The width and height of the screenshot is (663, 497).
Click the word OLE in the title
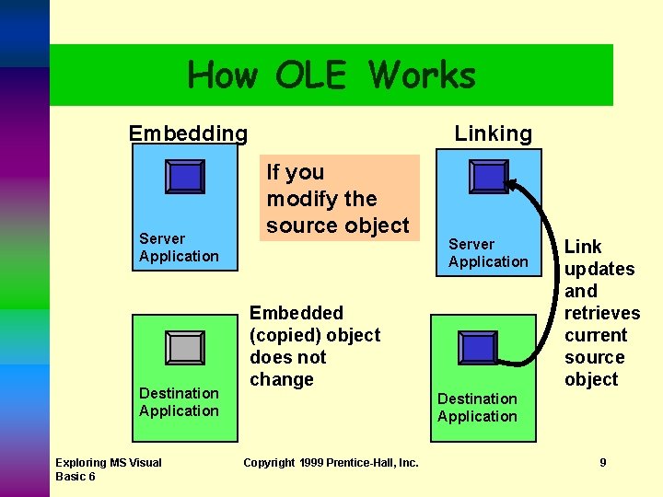(310, 75)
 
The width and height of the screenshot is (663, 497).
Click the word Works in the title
(424, 75)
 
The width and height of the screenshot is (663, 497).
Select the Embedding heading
(188, 133)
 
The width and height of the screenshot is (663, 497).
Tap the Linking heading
(493, 133)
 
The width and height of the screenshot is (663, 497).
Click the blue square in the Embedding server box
(185, 177)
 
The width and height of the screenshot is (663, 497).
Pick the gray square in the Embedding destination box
(185, 348)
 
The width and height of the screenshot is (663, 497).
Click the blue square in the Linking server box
(488, 176)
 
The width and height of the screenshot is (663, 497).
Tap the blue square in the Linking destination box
(479, 347)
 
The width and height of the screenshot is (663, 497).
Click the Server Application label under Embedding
(179, 248)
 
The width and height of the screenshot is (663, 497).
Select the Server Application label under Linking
(488, 253)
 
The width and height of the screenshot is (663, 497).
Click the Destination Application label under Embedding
(179, 402)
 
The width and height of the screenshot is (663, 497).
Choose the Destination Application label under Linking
(477, 408)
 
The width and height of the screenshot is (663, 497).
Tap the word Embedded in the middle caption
(297, 313)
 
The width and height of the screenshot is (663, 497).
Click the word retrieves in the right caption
(601, 313)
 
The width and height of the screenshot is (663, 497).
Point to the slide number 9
(603, 462)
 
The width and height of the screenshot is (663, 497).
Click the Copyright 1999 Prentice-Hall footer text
(331, 462)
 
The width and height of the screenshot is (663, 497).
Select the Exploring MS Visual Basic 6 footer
(108, 468)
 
